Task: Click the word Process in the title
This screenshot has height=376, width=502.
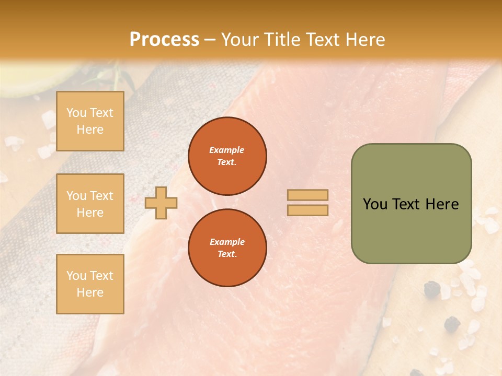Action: [x=164, y=40]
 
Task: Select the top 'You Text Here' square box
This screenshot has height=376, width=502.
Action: [x=90, y=121]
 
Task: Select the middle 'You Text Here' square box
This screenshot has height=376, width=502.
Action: [x=90, y=204]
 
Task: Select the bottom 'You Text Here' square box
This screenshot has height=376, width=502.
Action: [x=90, y=284]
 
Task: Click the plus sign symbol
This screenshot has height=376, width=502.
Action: [x=161, y=203]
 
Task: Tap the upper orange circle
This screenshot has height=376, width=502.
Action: [x=227, y=156]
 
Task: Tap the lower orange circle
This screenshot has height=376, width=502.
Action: [x=227, y=248]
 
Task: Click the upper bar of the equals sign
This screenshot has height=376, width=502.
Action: [x=307, y=195]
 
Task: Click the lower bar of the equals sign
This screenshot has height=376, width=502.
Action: [x=307, y=210]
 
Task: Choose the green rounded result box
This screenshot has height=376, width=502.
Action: [x=411, y=204]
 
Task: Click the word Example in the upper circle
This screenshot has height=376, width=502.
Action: [x=226, y=150]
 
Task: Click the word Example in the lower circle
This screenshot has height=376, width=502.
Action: [x=226, y=242]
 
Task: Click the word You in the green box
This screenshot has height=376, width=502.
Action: [x=375, y=204]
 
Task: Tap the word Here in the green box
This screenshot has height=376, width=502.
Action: [x=442, y=204]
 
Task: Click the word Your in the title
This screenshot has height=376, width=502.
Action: [x=239, y=40]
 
